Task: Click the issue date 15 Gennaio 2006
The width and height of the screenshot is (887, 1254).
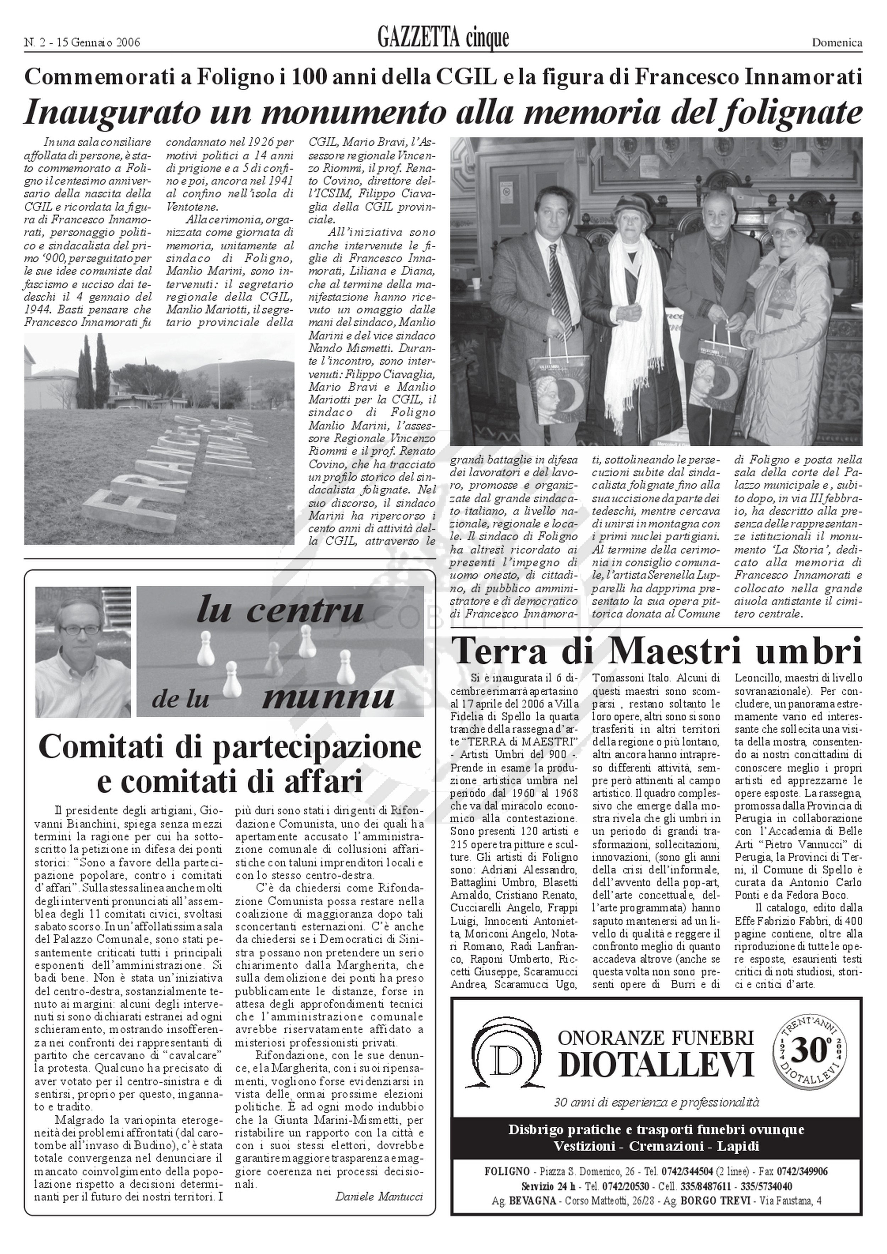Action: tap(101, 43)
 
